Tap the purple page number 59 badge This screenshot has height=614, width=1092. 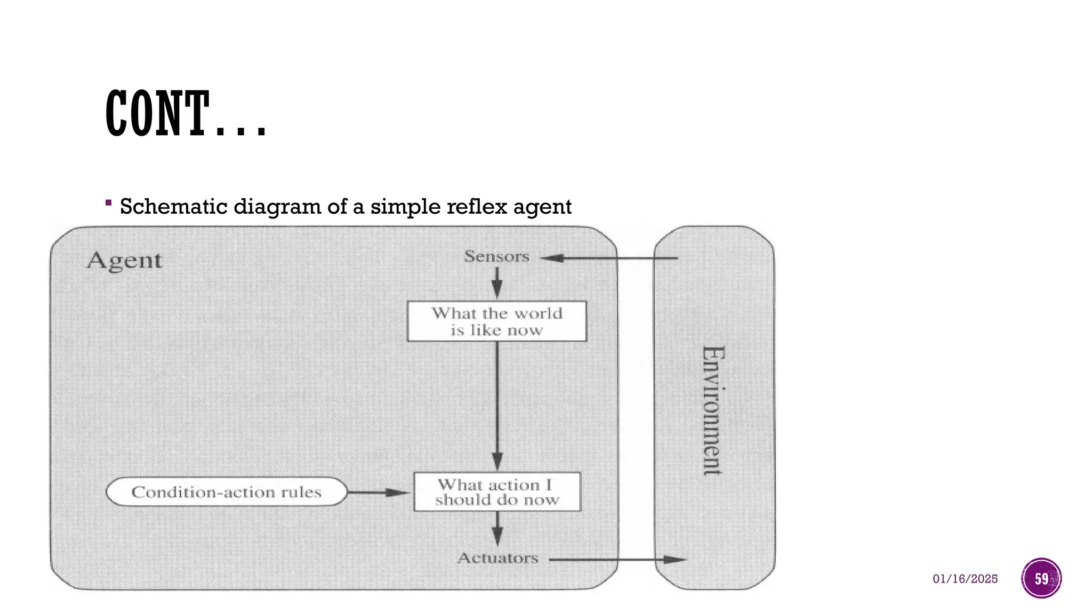(1041, 578)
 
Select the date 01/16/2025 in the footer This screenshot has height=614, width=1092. (965, 579)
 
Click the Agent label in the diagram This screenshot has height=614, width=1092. (124, 261)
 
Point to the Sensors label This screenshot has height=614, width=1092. (496, 257)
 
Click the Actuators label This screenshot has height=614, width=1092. (498, 559)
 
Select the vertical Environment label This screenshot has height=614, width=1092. (713, 410)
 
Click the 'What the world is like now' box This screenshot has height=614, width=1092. (496, 321)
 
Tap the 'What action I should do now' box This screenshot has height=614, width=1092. (497, 492)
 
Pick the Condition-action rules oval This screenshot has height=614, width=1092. (227, 492)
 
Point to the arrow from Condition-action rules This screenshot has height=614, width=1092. (379, 492)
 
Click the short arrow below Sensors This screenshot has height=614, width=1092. (497, 282)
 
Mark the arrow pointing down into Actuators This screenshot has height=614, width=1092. (497, 528)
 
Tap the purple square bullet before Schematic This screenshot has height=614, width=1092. (108, 203)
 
